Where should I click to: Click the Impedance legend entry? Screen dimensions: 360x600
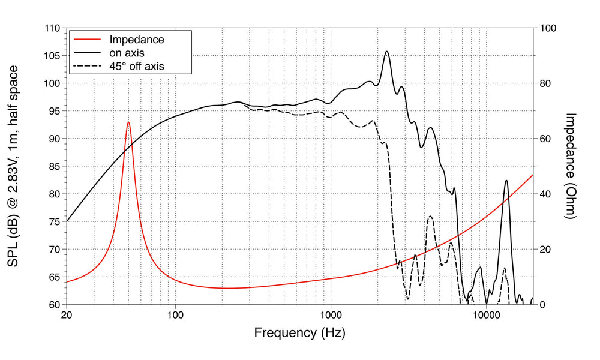(x=136, y=40)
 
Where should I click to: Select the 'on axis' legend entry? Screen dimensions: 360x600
(x=127, y=53)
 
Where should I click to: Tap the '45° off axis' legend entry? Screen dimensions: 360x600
(x=136, y=66)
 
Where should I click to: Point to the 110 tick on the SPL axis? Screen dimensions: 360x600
(x=52, y=28)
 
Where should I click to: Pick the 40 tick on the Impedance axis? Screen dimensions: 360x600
(x=546, y=194)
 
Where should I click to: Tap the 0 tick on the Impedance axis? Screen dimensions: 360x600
(x=543, y=304)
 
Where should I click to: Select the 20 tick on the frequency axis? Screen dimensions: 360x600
(x=67, y=314)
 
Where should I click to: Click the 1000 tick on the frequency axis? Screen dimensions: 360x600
(x=331, y=314)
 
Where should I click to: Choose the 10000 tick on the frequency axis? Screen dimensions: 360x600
(x=486, y=314)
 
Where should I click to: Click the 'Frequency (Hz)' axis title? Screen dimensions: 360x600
(x=299, y=332)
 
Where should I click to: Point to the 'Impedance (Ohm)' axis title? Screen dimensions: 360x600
(x=571, y=166)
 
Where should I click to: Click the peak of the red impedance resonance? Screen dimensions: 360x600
(x=128, y=122)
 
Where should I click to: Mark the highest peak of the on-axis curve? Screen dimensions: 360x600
(x=387, y=52)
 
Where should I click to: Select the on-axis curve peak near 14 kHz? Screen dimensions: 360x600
(x=506, y=180)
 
